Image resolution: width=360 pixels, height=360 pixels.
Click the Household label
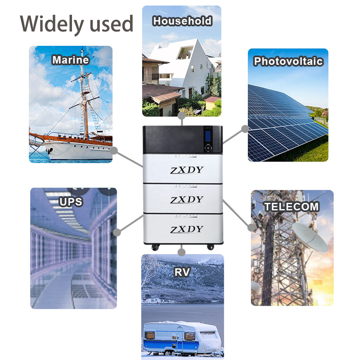point(182,21)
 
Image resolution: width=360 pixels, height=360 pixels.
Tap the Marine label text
point(71,60)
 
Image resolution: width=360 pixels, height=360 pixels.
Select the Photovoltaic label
point(288,61)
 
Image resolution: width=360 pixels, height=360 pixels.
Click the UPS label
point(71,202)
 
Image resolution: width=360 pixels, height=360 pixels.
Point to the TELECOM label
point(292,207)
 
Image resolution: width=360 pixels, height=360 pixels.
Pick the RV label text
point(182,272)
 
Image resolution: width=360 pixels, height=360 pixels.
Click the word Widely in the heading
point(52,24)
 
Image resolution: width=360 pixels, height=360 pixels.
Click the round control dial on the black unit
point(208,148)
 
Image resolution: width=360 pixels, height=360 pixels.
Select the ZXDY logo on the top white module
point(187,170)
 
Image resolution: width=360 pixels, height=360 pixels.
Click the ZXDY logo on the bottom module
point(187,229)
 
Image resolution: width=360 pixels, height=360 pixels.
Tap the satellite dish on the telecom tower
point(310,238)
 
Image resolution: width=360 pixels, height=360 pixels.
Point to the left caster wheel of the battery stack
point(155,247)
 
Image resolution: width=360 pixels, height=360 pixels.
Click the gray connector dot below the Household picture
point(182,116)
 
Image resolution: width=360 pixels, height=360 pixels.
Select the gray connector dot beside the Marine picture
point(114,151)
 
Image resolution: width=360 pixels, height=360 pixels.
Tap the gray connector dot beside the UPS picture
point(117,232)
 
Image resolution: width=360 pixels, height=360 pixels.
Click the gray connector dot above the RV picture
point(182,252)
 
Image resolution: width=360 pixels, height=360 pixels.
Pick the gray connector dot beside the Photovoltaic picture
point(245,129)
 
